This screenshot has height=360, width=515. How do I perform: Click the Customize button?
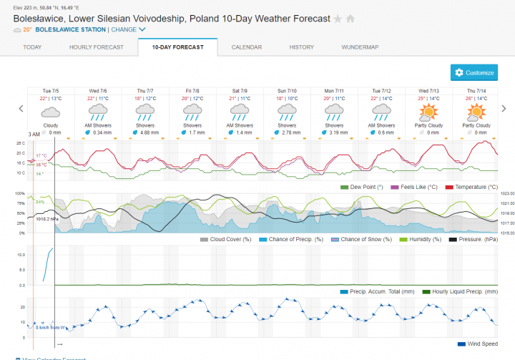click(x=474, y=73)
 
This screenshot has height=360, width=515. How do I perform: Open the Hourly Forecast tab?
click(x=97, y=47)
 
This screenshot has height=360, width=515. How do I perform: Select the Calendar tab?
click(x=246, y=47)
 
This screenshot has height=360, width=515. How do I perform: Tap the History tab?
click(x=301, y=47)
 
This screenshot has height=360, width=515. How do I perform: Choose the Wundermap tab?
click(x=360, y=47)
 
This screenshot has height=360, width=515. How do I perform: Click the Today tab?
click(x=32, y=47)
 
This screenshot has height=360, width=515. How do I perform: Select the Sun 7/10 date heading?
click(x=287, y=91)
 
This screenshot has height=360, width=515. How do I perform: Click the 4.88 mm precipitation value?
click(x=148, y=132)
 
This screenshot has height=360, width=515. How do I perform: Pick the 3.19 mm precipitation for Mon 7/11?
click(x=337, y=132)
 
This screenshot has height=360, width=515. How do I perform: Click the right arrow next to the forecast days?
click(x=504, y=109)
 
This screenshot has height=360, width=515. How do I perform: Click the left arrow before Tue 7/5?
click(x=21, y=109)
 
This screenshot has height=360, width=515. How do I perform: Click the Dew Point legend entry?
click(x=367, y=187)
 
